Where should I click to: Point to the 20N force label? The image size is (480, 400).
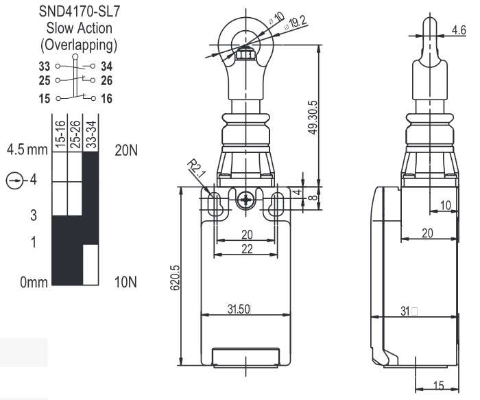127,150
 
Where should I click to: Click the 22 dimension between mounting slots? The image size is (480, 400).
245,248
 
